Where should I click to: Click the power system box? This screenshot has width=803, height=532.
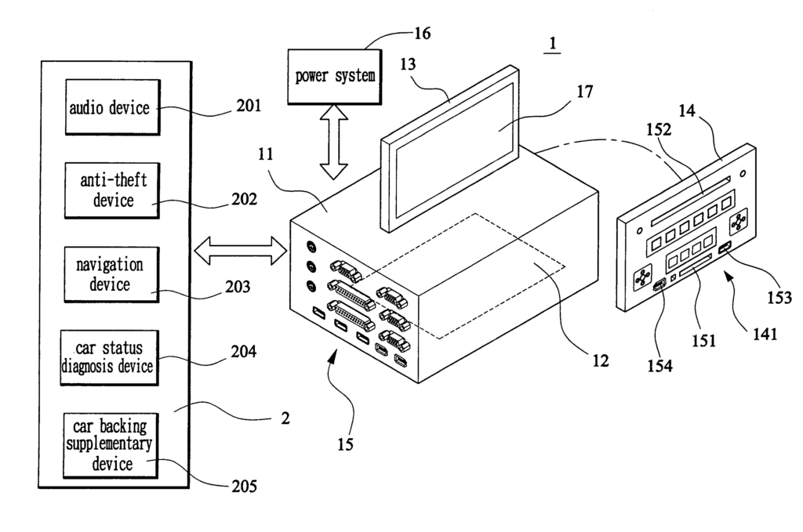point(334,77)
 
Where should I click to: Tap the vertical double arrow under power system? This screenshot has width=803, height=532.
point(334,144)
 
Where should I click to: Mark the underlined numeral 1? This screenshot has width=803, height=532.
point(553,45)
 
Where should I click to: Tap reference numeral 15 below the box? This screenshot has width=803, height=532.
point(345,444)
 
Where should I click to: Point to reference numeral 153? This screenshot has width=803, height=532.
point(779,297)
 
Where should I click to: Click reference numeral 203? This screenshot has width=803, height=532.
point(237,286)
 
